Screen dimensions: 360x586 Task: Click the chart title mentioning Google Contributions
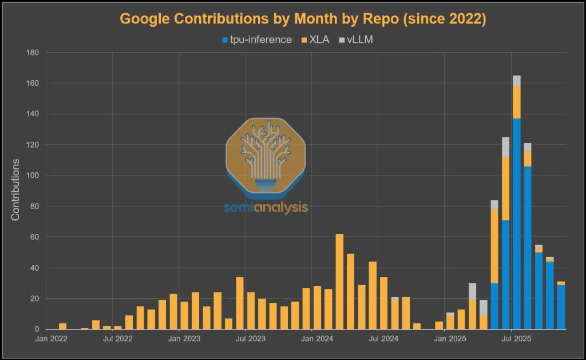[303, 19]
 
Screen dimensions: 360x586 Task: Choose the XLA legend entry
[315, 40]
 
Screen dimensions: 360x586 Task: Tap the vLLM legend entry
[356, 40]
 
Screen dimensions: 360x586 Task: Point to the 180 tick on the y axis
[32, 53]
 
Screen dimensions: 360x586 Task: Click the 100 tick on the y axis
[32, 176]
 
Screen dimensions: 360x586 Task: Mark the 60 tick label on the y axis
[34, 237]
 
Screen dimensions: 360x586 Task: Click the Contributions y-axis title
[15, 190]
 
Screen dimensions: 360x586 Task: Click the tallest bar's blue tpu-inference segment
[517, 223]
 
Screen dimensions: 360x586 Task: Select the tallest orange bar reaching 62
[339, 282]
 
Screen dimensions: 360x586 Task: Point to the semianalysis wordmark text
[266, 207]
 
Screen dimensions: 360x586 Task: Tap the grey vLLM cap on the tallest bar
[517, 81]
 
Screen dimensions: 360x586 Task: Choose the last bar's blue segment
[561, 307]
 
